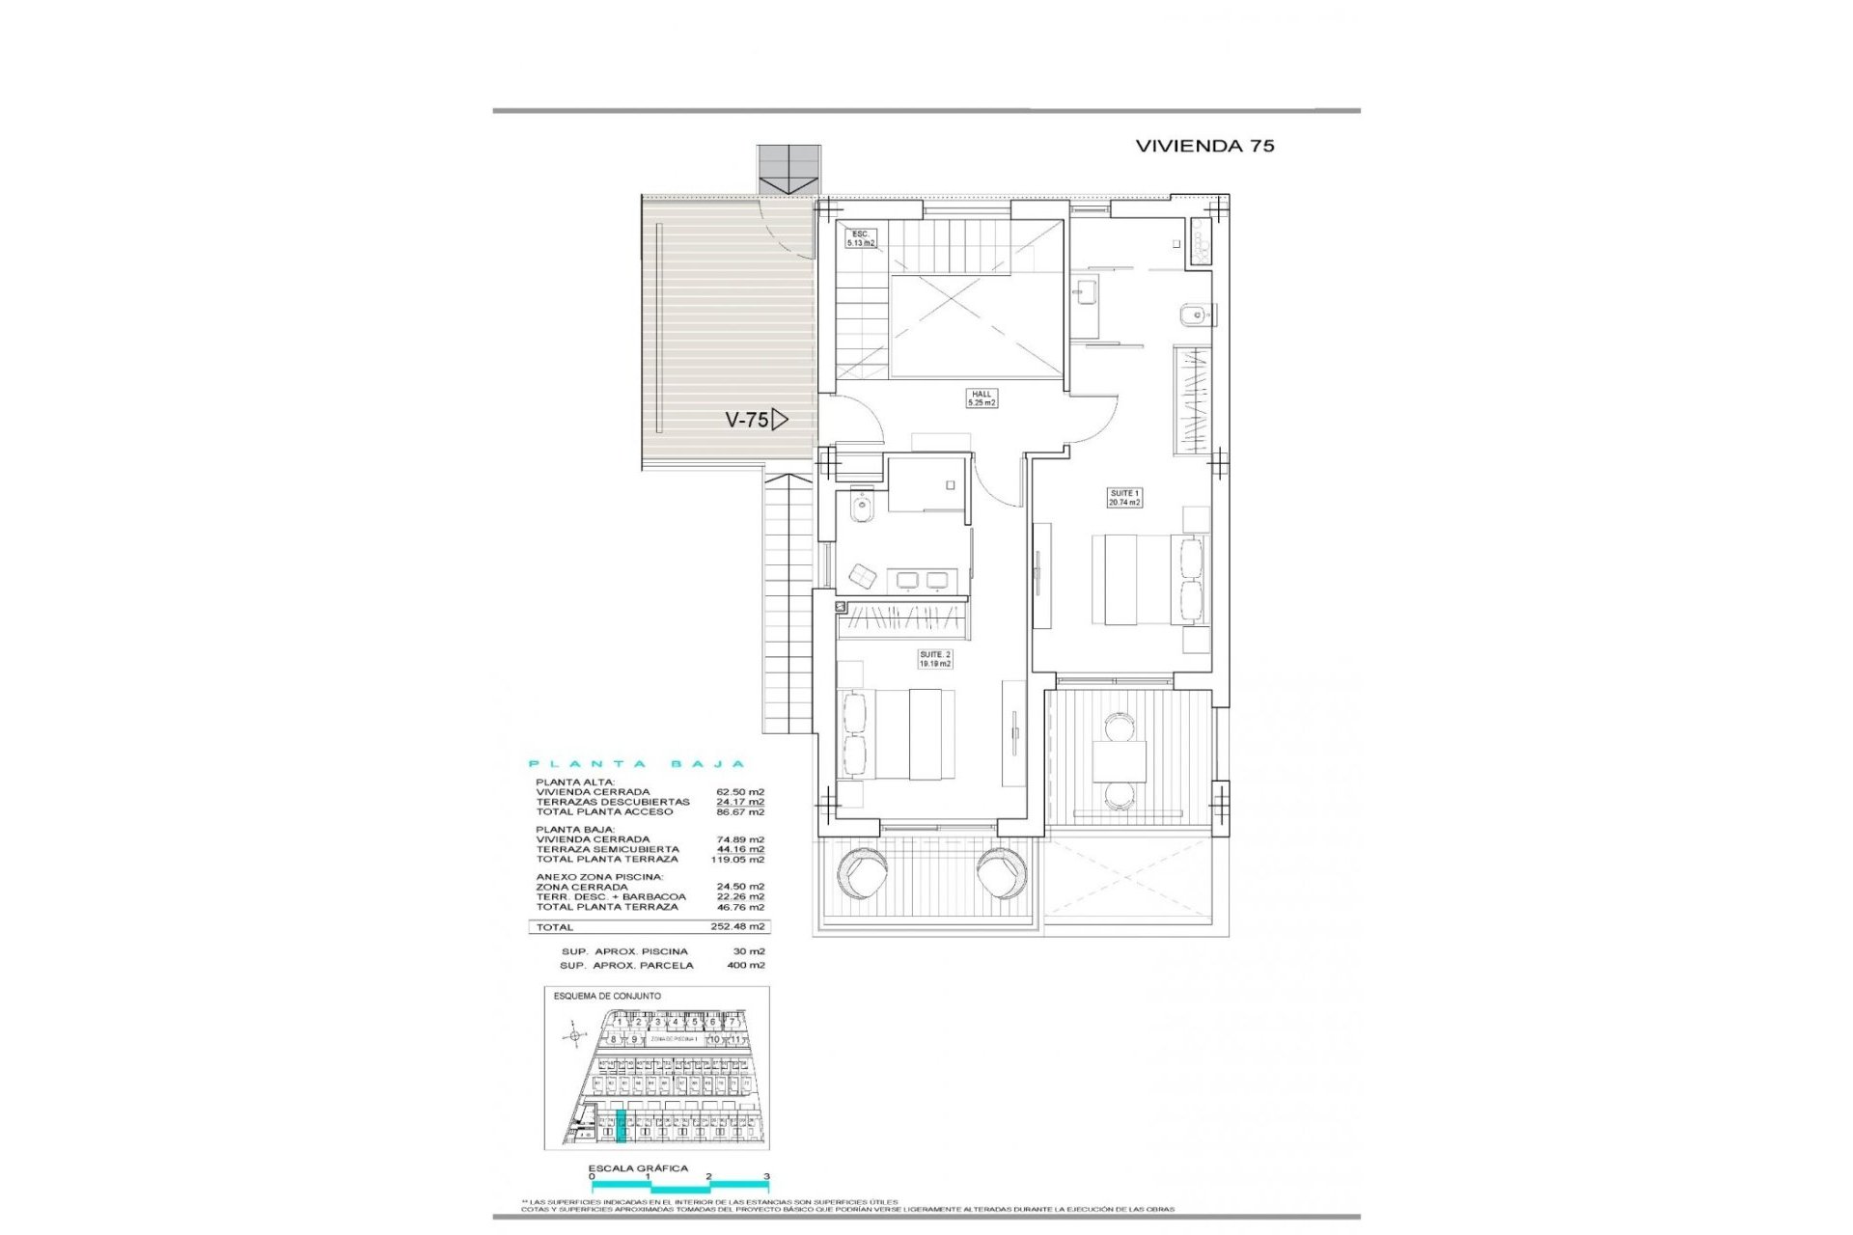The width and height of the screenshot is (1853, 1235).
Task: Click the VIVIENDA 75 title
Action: (1204, 146)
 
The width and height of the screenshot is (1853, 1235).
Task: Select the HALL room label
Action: (982, 398)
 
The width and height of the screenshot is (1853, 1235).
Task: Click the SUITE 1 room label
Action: (1124, 498)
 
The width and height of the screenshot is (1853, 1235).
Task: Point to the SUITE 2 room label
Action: (934, 659)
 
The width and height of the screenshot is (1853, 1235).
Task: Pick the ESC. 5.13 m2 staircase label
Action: (861, 238)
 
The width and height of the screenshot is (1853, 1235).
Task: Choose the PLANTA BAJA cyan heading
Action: (637, 764)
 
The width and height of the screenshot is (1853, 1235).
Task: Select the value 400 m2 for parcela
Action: (745, 965)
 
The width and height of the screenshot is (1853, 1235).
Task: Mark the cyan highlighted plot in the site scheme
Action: (622, 1126)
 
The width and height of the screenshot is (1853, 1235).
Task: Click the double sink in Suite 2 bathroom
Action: (921, 579)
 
